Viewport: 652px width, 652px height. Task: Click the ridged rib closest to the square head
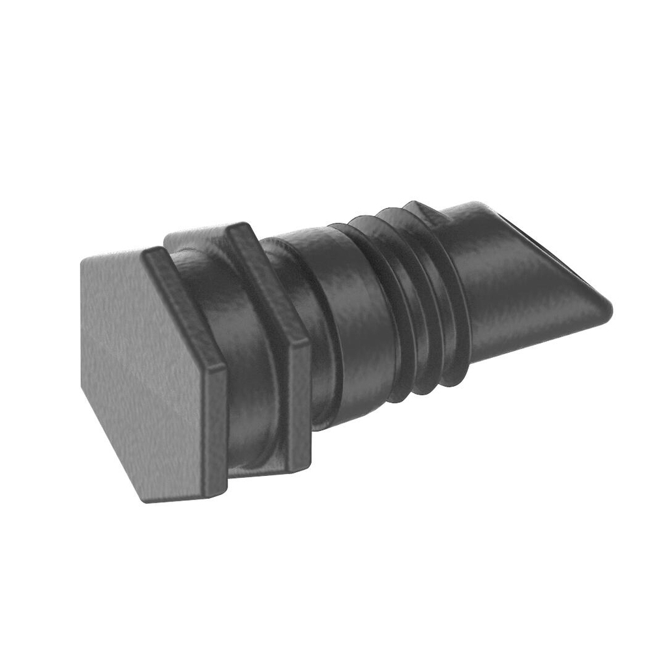click(x=378, y=306)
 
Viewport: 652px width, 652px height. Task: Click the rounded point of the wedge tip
click(x=610, y=306)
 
